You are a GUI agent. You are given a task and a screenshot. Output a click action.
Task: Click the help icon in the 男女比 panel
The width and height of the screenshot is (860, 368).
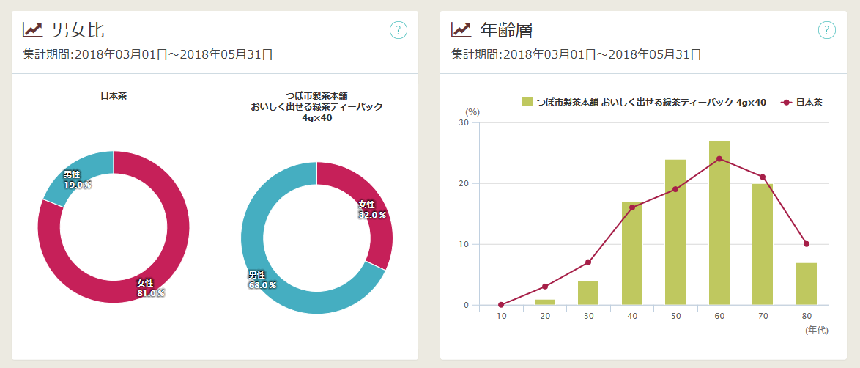click(x=399, y=30)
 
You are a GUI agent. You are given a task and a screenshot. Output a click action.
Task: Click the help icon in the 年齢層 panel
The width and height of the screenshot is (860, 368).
click(x=826, y=30)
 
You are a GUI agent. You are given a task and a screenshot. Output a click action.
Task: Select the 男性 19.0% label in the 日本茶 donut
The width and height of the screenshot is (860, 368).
click(x=77, y=180)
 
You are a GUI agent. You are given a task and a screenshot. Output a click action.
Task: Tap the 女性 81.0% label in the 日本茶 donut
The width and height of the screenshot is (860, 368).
click(x=151, y=288)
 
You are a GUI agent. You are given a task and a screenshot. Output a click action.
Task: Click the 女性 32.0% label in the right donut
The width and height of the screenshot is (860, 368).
click(x=371, y=210)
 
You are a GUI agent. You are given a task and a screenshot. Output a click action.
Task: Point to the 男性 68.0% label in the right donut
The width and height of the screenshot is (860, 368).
click(x=262, y=280)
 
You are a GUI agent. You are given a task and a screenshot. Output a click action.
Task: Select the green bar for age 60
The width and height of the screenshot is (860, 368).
click(x=719, y=223)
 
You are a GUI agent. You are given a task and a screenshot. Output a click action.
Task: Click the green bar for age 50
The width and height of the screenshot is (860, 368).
click(x=675, y=232)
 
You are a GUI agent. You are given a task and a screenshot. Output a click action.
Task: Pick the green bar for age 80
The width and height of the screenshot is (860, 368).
click(x=807, y=284)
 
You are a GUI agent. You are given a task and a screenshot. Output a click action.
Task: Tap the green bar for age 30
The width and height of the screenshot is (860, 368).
click(x=588, y=292)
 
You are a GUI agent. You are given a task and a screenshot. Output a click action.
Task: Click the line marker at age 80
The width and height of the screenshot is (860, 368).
click(x=807, y=244)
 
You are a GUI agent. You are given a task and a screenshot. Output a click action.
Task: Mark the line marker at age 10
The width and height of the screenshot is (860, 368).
click(x=501, y=305)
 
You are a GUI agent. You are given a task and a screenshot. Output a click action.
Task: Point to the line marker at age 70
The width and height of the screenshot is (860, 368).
click(x=763, y=177)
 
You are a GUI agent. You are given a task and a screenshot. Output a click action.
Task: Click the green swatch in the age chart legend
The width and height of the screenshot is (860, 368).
click(x=527, y=102)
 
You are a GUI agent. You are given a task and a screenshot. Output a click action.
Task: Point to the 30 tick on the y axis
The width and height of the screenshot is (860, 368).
click(x=464, y=122)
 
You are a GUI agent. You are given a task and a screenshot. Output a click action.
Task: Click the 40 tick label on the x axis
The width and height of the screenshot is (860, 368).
click(x=631, y=316)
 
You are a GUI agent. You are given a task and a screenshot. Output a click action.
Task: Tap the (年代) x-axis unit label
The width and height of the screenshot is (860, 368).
click(x=816, y=331)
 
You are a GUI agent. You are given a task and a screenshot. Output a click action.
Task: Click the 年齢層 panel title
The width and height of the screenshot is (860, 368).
click(x=505, y=30)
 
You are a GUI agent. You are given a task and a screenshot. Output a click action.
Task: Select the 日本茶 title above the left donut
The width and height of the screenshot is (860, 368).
click(x=114, y=95)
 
